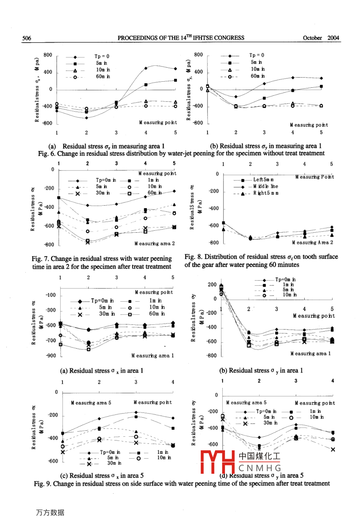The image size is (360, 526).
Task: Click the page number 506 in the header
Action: pos(27,38)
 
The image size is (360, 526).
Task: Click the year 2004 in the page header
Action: pos(333,38)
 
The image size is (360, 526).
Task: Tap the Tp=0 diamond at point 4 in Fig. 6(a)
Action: pos(146,68)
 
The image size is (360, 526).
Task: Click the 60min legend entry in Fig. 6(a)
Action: pos(103,77)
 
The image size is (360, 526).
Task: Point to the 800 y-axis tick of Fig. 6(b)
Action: pos(198,55)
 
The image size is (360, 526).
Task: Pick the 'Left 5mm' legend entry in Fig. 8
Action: pos(263,180)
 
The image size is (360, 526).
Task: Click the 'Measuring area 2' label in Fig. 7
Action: pos(155,243)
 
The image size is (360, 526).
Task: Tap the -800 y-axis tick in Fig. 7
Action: pos(49,245)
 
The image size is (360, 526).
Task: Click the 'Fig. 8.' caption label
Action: pos(193,257)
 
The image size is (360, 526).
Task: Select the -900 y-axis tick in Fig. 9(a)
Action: pos(51,355)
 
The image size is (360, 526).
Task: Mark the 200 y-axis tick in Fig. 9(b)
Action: pos(212,285)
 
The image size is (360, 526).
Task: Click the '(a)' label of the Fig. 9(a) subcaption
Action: pos(64,371)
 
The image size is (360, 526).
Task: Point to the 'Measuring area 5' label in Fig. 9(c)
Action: pos(91,403)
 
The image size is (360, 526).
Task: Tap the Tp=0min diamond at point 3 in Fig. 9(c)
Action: pos(136,412)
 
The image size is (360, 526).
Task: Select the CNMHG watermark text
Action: pos(260,468)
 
